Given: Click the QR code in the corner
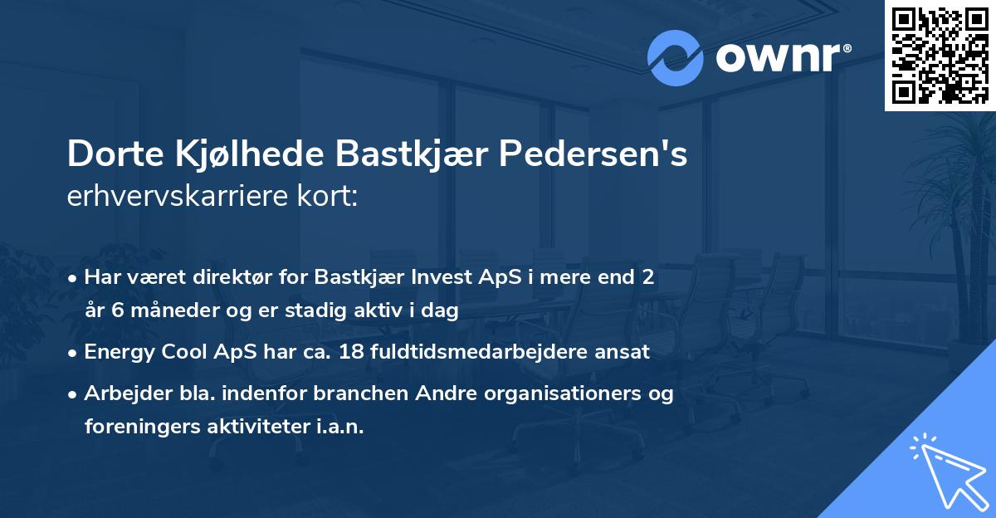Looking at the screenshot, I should [x=940, y=55].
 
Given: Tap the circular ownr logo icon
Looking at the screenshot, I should [x=675, y=57].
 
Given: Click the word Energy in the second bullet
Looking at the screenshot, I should [x=115, y=352].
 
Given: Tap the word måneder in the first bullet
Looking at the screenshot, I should [x=157, y=310].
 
